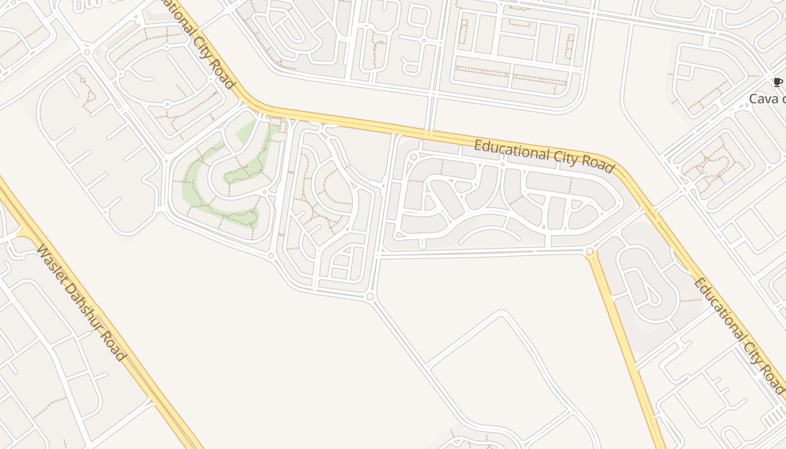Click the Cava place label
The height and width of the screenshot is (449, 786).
(767, 99)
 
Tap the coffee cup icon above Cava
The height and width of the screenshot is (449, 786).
(778, 83)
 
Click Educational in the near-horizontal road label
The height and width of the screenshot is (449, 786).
(509, 149)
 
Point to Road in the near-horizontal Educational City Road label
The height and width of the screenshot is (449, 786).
(598, 164)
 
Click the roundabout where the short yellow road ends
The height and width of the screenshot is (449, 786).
(589, 252)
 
